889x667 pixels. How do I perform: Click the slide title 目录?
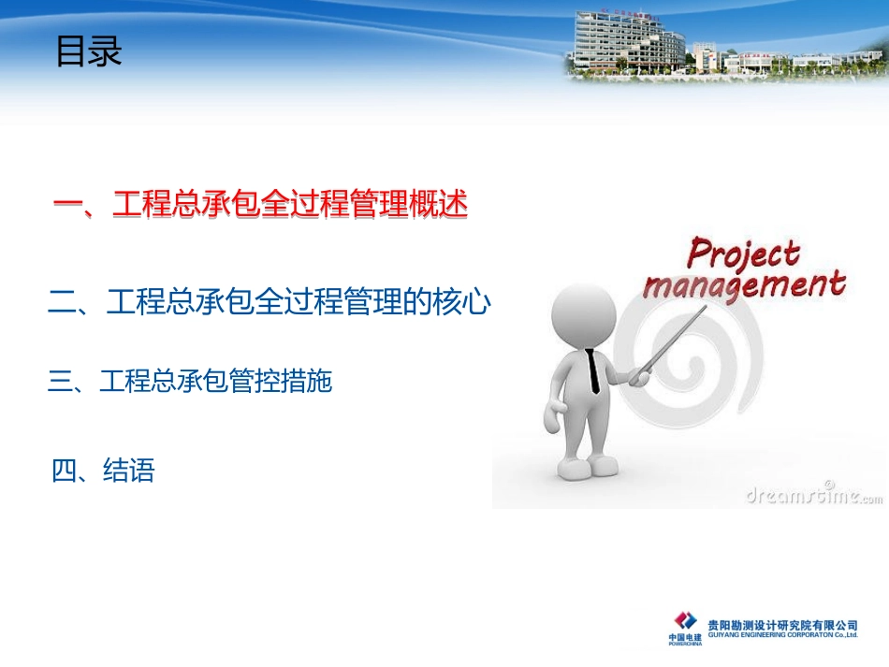click(89, 52)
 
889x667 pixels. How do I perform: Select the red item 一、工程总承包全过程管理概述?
click(259, 205)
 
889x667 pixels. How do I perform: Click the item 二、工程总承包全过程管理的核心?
click(269, 301)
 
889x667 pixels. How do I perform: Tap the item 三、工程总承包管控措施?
click(190, 381)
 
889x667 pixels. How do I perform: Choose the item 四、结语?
click(103, 471)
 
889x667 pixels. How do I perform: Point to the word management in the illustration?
click(744, 284)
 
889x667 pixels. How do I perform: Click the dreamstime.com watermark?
click(813, 496)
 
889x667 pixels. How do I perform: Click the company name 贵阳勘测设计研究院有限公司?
click(782, 624)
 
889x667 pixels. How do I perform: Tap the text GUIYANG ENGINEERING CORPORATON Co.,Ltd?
click(782, 635)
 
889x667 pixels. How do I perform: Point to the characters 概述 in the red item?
click(438, 205)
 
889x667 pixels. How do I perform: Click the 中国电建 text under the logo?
click(684, 637)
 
